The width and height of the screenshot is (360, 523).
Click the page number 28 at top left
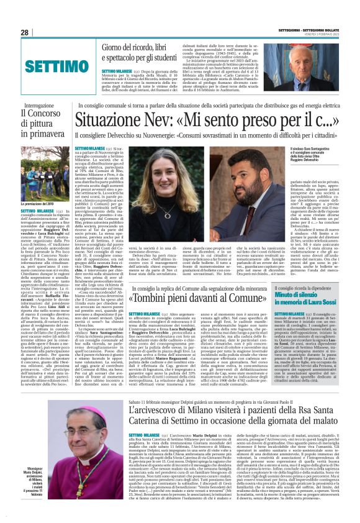(25, 33)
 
